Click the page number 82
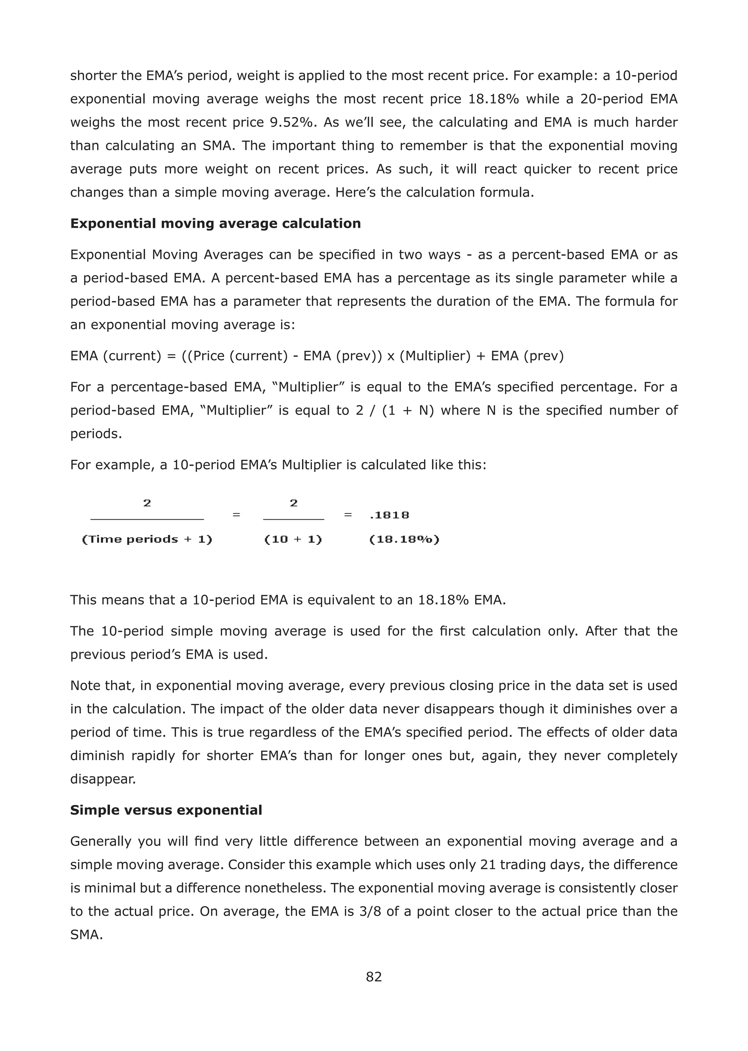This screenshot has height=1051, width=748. click(x=374, y=977)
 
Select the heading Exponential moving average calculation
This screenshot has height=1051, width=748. click(x=215, y=224)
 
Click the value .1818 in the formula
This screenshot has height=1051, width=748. click(x=389, y=515)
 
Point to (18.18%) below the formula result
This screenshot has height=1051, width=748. click(x=404, y=539)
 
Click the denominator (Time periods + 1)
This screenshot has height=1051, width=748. click(x=147, y=539)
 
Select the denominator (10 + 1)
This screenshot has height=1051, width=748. click(x=293, y=539)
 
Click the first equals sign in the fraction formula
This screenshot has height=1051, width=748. click(x=236, y=515)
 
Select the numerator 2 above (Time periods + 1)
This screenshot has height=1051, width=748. click(x=147, y=503)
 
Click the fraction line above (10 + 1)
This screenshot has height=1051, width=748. click(x=293, y=519)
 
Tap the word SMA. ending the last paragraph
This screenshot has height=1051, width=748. click(x=86, y=935)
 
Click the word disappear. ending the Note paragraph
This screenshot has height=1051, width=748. click(x=103, y=779)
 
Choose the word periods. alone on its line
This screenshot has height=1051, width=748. click(x=96, y=434)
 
